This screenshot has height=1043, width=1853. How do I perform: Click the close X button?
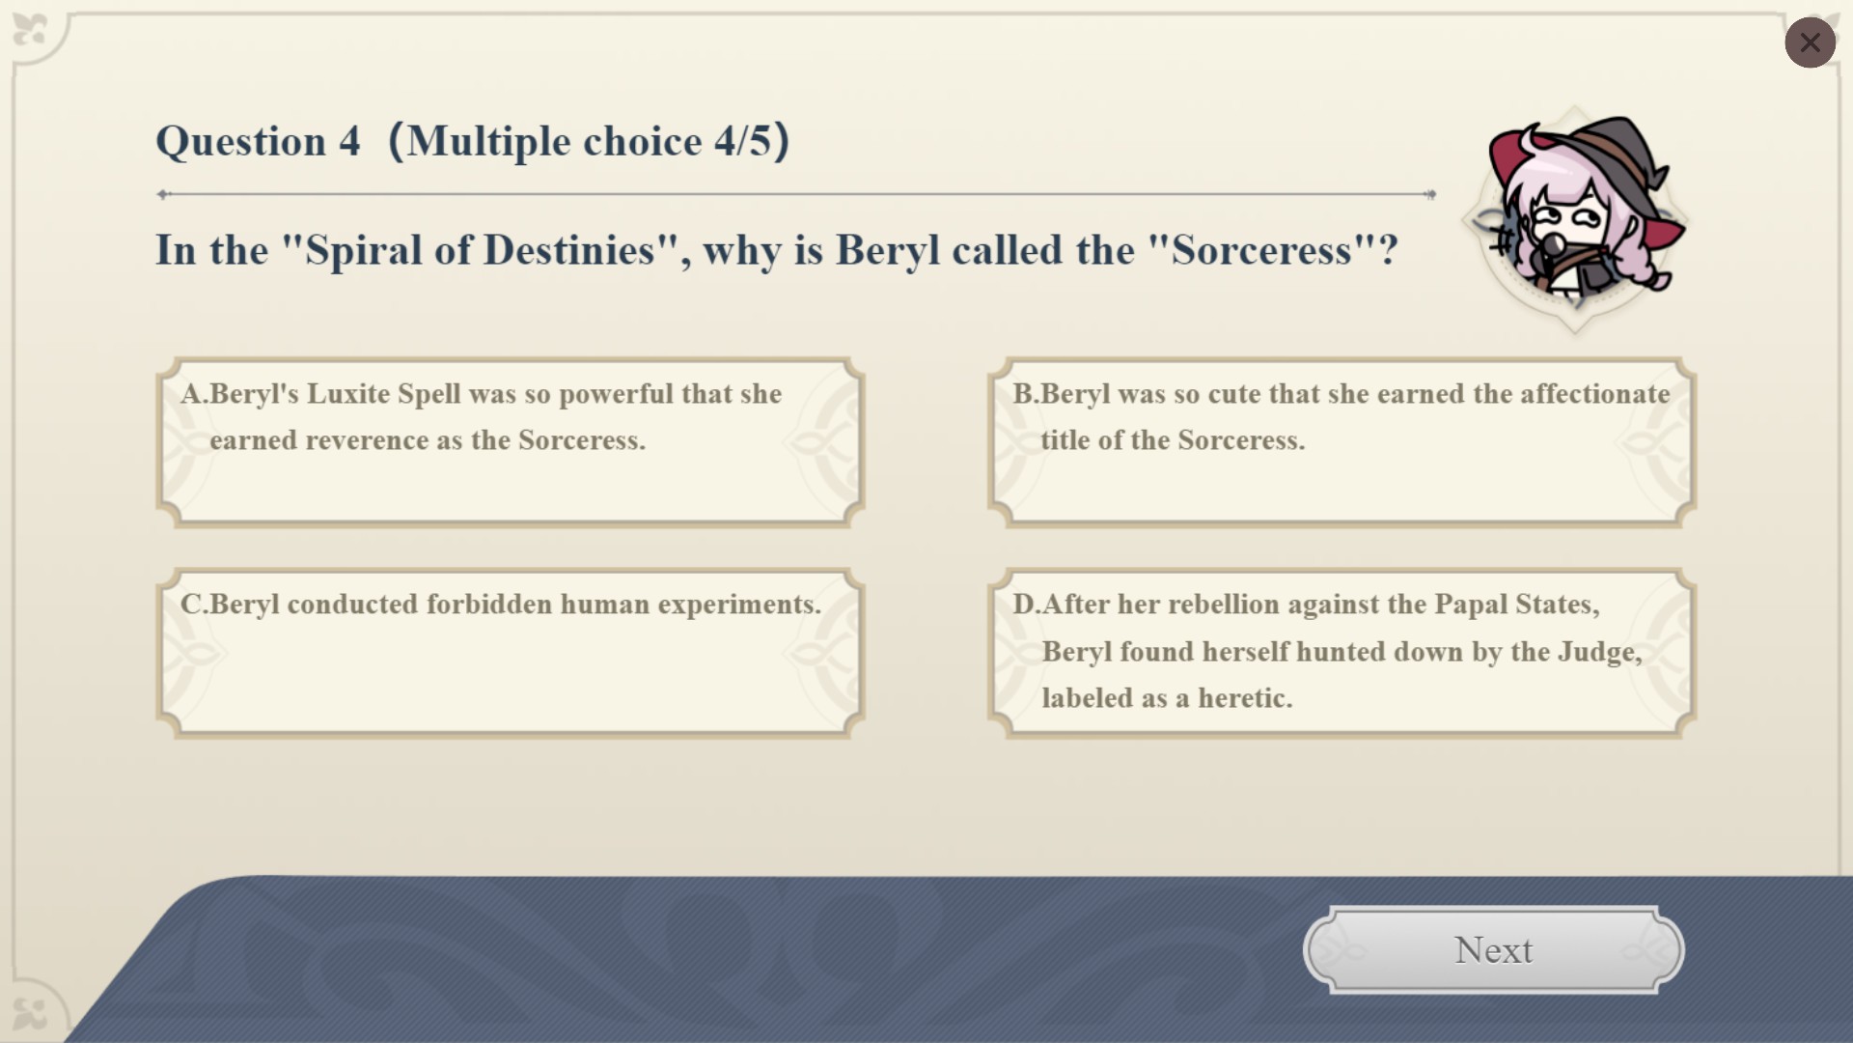tap(1810, 42)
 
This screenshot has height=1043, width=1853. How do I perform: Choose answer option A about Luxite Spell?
tap(510, 442)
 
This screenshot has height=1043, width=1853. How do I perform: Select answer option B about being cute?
tap(1341, 442)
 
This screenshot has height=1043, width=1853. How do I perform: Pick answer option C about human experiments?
tap(510, 653)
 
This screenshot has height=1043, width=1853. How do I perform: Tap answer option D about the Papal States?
tap(1341, 653)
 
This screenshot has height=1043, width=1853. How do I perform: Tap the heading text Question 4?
tap(258, 141)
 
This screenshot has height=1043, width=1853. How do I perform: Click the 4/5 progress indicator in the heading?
tap(743, 141)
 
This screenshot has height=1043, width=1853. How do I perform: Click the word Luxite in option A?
tap(348, 394)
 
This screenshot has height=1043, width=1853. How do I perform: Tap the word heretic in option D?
tap(1245, 698)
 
